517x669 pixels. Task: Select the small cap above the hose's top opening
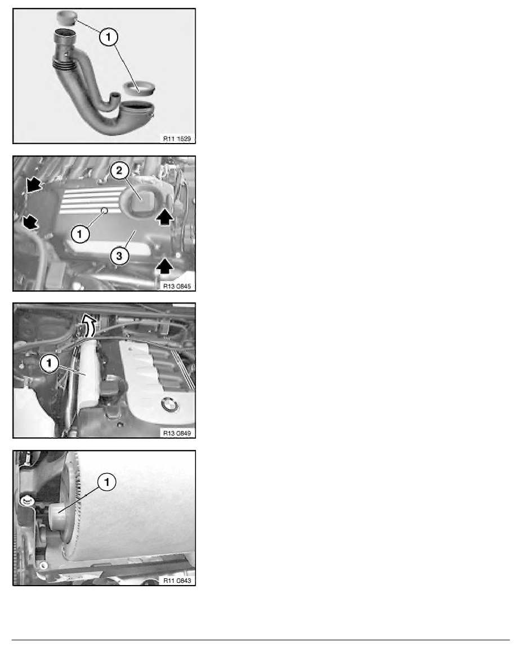pyautogui.click(x=68, y=17)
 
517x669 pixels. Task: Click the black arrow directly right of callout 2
pyautogui.click(x=163, y=216)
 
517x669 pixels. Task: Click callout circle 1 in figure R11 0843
pyautogui.click(x=107, y=481)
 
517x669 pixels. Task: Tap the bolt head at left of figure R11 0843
pyautogui.click(x=25, y=499)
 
